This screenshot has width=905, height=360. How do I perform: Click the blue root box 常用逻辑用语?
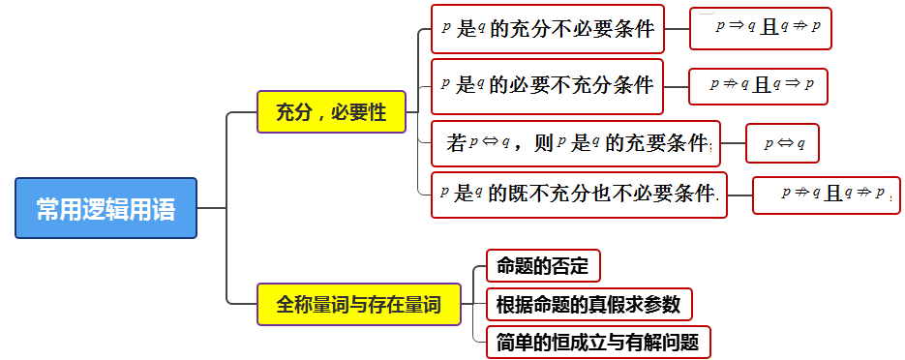point(106,208)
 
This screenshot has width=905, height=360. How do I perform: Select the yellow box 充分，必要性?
point(331,112)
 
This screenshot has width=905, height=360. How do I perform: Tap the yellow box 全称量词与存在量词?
point(359,304)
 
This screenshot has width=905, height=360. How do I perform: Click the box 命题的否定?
point(543,266)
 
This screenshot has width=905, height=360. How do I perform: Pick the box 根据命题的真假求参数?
point(588,304)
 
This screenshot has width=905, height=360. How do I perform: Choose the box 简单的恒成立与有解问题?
point(598,343)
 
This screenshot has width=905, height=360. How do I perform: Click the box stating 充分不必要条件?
point(547,29)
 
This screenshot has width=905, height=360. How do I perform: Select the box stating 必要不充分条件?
point(547,86)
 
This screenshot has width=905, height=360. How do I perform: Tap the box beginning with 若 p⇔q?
point(576,143)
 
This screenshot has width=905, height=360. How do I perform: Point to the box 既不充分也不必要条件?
point(579,195)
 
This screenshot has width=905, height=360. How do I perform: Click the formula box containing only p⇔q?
point(782,143)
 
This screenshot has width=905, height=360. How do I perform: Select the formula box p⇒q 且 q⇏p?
point(760,28)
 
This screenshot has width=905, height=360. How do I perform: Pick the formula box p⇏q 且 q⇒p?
point(758,86)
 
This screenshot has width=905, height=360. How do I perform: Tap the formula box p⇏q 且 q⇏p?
point(826,195)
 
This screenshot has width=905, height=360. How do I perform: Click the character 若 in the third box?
point(455,143)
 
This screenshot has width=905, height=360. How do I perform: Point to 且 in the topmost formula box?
point(769,28)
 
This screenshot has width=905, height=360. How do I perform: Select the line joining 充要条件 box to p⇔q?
point(733,143)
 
